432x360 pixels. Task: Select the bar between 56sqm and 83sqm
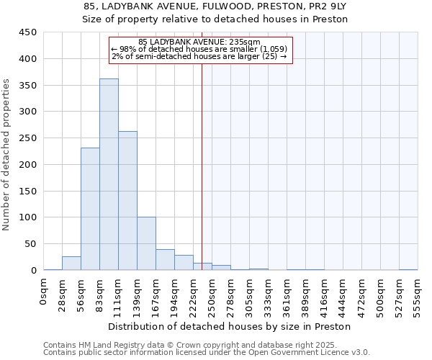click(x=90, y=209)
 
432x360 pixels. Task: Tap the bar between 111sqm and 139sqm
click(x=127, y=201)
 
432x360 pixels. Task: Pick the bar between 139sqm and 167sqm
click(x=146, y=243)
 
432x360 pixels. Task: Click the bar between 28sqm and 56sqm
click(x=71, y=264)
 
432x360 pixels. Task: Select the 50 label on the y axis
click(x=31, y=244)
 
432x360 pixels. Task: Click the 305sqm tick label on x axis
click(x=249, y=295)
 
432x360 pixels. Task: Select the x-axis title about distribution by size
click(x=229, y=326)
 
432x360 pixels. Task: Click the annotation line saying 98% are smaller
click(x=199, y=49)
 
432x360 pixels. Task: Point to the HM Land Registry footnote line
click(x=206, y=345)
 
